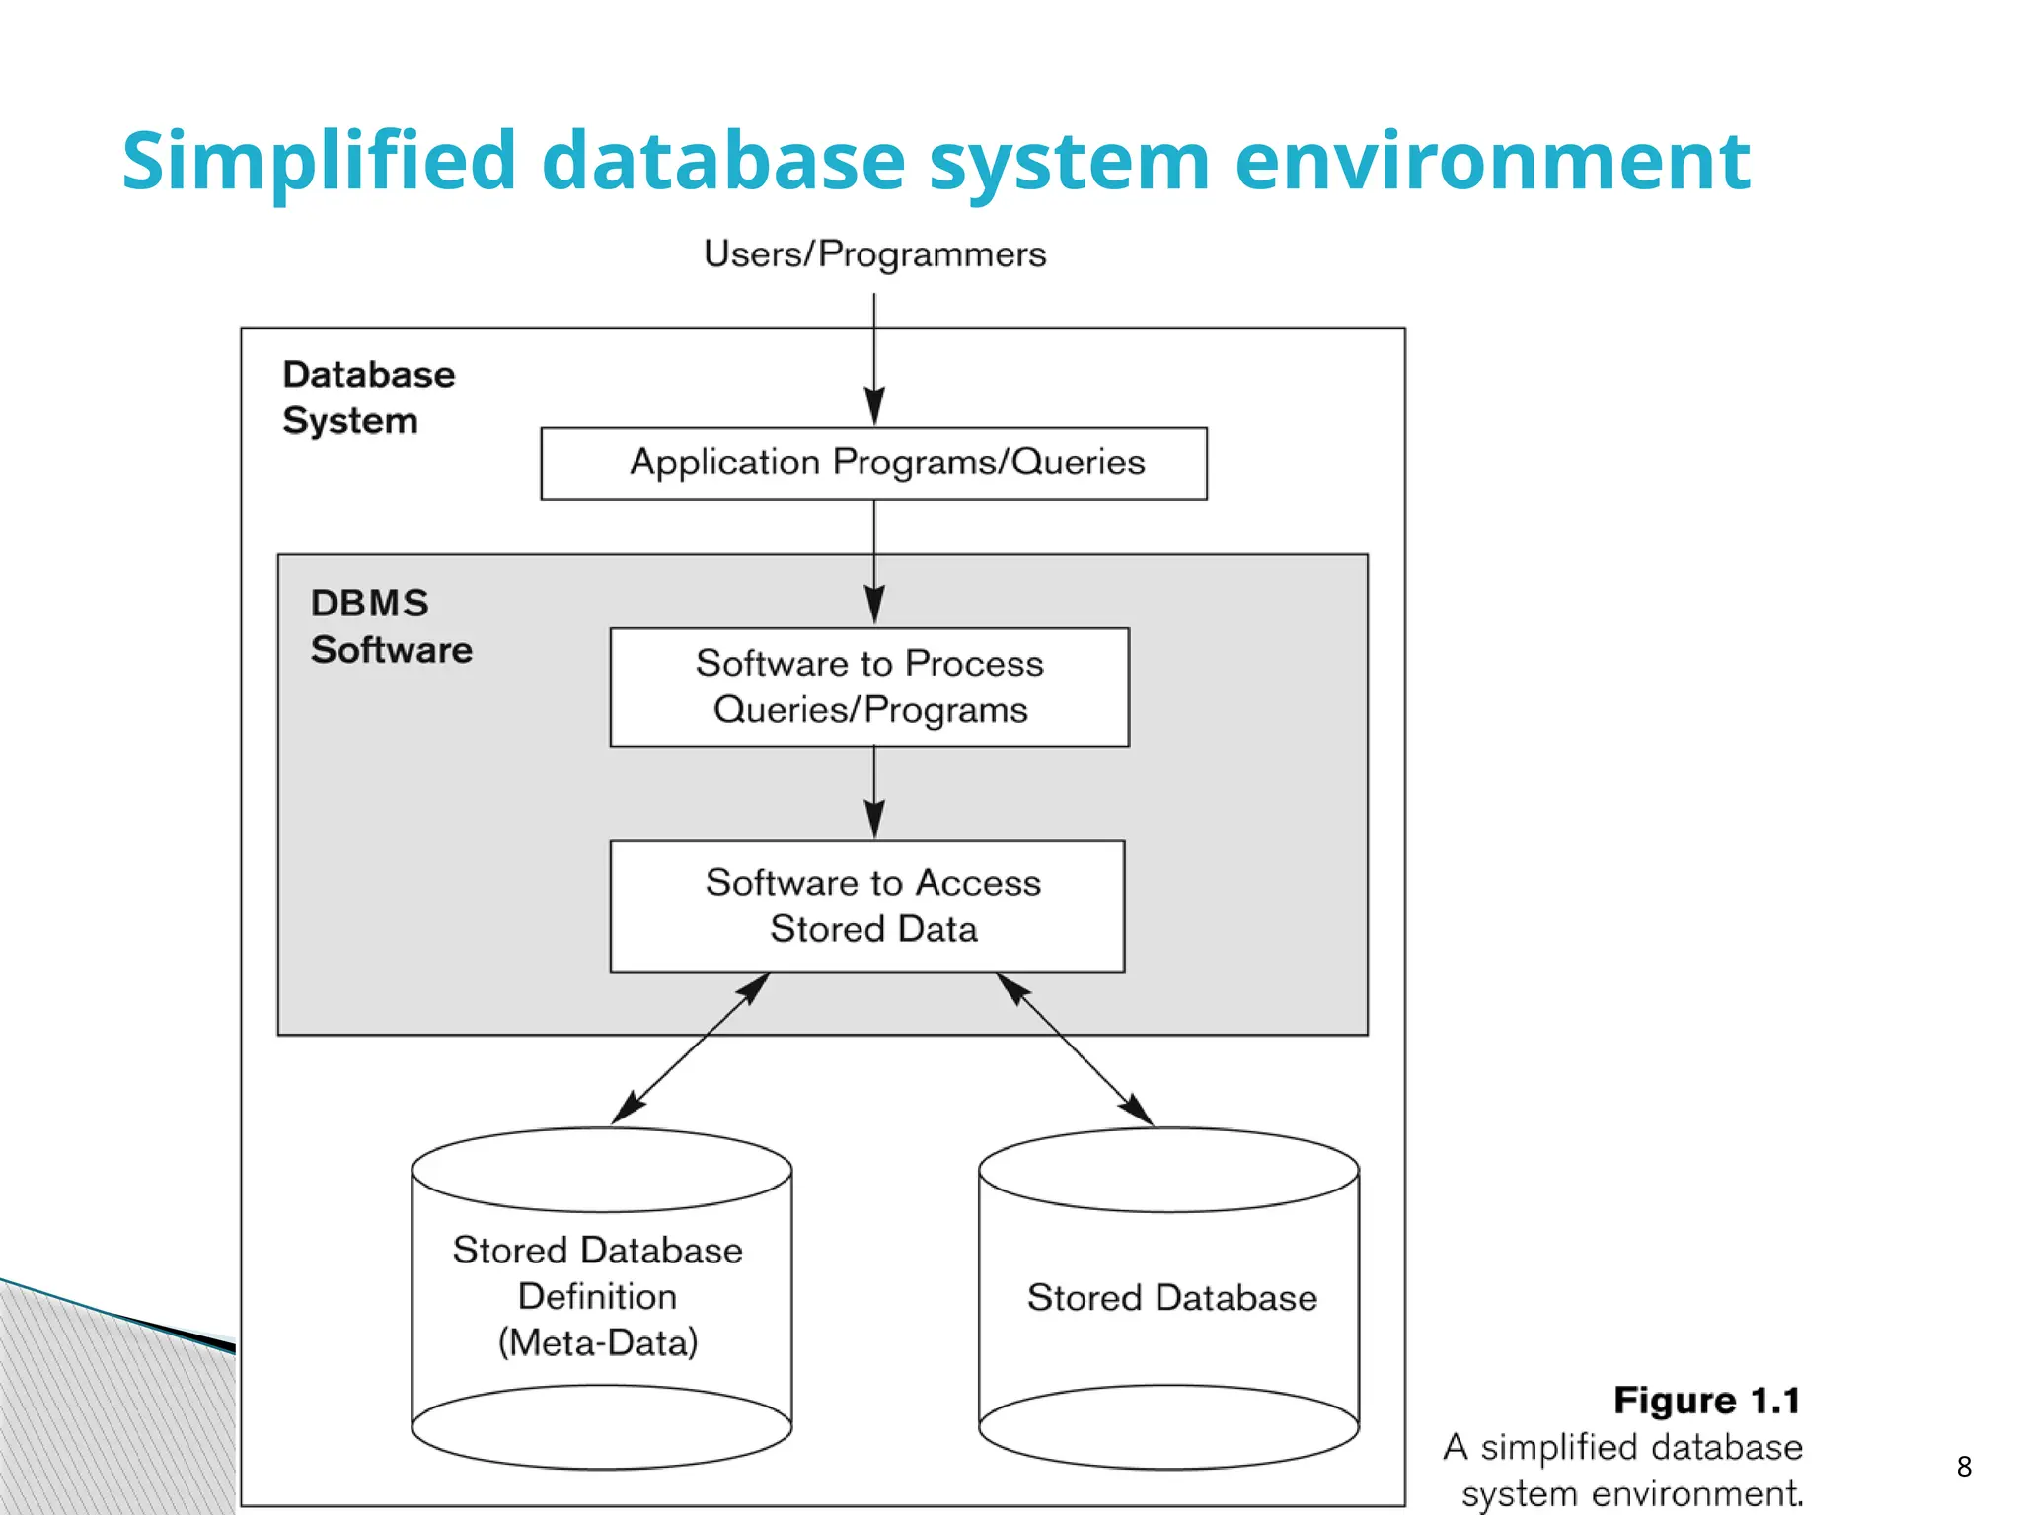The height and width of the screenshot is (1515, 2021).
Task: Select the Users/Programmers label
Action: [x=874, y=254]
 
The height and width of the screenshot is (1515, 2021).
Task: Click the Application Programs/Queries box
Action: [x=873, y=464]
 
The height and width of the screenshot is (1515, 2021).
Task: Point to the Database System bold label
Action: [x=368, y=397]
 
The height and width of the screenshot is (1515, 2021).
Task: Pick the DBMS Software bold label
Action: [x=391, y=626]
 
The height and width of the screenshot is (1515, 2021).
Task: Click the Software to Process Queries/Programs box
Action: [x=869, y=687]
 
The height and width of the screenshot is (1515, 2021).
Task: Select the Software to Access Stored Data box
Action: [x=867, y=905]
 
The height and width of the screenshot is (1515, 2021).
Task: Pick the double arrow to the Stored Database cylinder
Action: [x=1075, y=1049]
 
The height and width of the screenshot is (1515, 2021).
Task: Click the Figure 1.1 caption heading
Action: [x=1706, y=1401]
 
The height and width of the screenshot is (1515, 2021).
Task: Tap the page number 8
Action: [x=1963, y=1467]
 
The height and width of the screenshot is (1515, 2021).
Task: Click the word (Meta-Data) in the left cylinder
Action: [x=598, y=1342]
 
